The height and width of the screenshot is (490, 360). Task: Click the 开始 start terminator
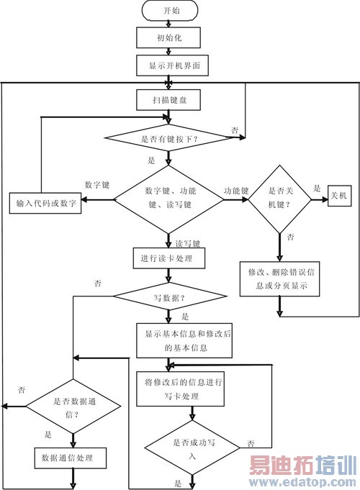[167, 11]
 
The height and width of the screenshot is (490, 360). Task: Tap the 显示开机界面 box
[167, 65]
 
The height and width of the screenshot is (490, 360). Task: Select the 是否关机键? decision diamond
[278, 199]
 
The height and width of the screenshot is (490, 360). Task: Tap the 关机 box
[342, 195]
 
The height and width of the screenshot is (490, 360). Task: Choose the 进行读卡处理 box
[167, 257]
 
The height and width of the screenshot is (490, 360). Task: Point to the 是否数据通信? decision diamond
[72, 407]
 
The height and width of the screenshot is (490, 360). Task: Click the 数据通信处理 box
[72, 457]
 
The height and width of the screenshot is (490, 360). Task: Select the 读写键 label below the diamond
[189, 242]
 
